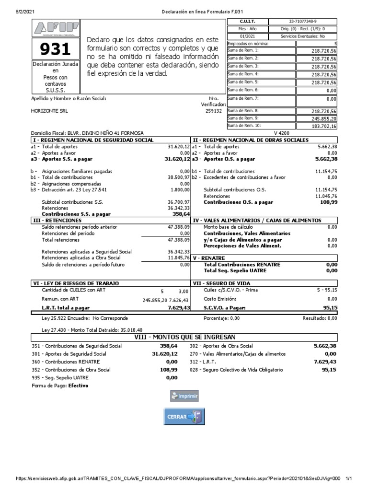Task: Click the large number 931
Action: pos(55,49)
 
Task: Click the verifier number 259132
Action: pos(213,111)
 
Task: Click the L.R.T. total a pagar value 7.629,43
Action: pos(178,307)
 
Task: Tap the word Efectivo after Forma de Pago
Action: pos(79,385)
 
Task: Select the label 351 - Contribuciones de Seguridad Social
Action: pos(77,345)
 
